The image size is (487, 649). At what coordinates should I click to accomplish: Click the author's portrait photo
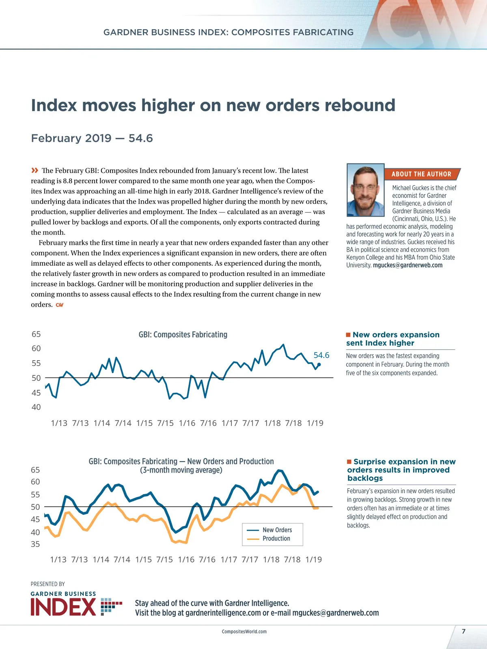click(365, 190)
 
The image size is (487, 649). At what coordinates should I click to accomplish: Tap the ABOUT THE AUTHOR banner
click(421, 174)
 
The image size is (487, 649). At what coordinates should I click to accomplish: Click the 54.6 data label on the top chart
click(321, 355)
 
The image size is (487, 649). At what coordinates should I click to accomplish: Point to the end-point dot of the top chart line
click(319, 364)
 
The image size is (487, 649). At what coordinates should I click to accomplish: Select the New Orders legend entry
click(277, 530)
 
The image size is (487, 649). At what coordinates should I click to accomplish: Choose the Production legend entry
click(276, 539)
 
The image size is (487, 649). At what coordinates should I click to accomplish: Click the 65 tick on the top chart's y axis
click(36, 334)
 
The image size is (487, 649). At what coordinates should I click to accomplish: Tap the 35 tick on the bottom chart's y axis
click(35, 544)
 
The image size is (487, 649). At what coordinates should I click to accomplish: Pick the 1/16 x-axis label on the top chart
click(187, 423)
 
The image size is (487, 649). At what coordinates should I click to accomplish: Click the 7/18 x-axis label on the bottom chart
click(292, 560)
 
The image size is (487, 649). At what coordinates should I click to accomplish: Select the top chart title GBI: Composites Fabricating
click(183, 335)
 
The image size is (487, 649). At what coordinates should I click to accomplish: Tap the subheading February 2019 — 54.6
click(92, 138)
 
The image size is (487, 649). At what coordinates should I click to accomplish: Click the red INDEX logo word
click(64, 607)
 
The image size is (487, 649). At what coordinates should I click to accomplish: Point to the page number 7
click(463, 631)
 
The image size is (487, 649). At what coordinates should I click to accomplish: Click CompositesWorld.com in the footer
click(244, 632)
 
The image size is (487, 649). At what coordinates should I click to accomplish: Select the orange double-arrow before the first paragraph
click(35, 170)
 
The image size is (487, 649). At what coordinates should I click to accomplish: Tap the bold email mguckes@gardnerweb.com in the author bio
click(407, 265)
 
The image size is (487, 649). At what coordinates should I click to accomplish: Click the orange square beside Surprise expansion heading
click(349, 462)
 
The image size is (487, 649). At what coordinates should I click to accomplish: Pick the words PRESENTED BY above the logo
click(48, 584)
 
